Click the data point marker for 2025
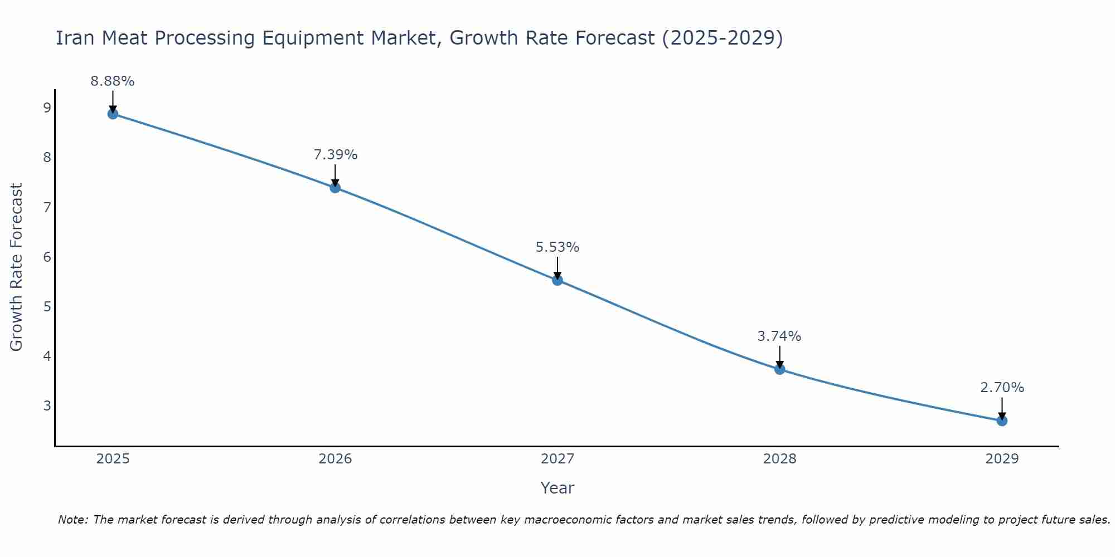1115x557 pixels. (x=113, y=114)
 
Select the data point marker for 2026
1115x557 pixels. (x=335, y=188)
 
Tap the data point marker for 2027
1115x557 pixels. (x=557, y=280)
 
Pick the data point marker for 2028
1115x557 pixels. (x=779, y=369)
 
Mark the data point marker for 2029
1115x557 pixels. (x=1002, y=421)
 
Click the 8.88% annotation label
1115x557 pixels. (x=113, y=81)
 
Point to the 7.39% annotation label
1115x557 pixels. (x=335, y=155)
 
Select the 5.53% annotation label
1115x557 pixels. (x=557, y=247)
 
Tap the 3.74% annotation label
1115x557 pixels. (x=779, y=336)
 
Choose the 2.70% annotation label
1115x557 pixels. (x=1002, y=388)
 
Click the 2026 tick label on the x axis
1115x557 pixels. (x=335, y=459)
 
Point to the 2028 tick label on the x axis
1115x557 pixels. (x=779, y=459)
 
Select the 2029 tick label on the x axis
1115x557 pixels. (x=1002, y=459)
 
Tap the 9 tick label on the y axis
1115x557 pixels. (x=47, y=108)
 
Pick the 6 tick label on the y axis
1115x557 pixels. (x=47, y=257)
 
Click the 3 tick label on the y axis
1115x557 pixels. (x=47, y=405)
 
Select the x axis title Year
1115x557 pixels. (x=557, y=488)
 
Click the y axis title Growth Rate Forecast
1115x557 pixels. (x=17, y=267)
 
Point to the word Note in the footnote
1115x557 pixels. (x=72, y=520)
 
